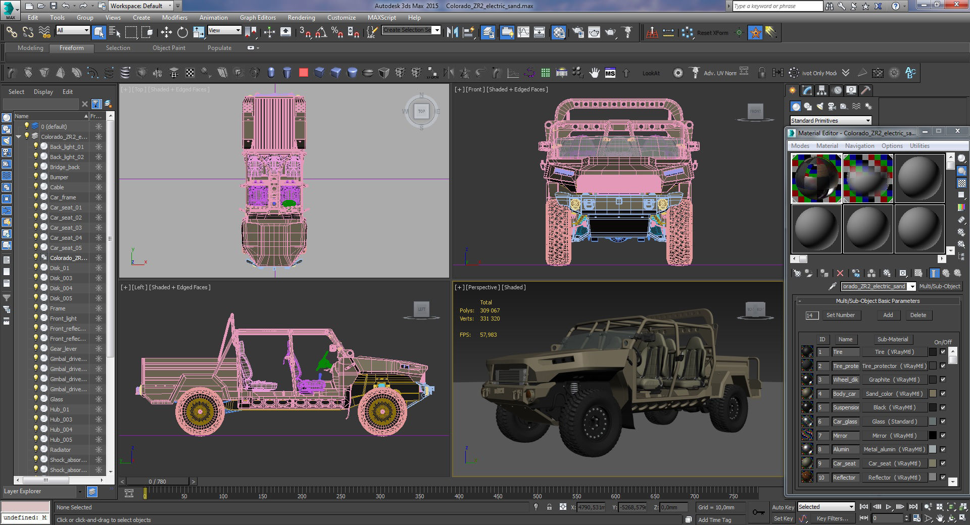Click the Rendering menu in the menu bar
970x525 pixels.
(x=301, y=17)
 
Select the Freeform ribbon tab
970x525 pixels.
(x=72, y=48)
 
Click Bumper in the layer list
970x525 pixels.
(x=59, y=177)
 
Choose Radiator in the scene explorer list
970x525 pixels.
(x=60, y=450)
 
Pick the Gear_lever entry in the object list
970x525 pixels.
(x=63, y=349)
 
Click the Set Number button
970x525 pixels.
(x=840, y=315)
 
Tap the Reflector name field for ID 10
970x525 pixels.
(x=845, y=478)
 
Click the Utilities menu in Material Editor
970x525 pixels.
(x=919, y=146)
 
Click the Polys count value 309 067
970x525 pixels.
(x=490, y=310)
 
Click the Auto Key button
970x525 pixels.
(x=783, y=507)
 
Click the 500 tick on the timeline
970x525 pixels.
(x=537, y=496)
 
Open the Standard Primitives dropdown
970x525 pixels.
(x=831, y=121)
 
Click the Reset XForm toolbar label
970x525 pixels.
(x=712, y=33)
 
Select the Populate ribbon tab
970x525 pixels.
(x=219, y=48)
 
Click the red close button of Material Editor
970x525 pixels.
(x=957, y=131)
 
